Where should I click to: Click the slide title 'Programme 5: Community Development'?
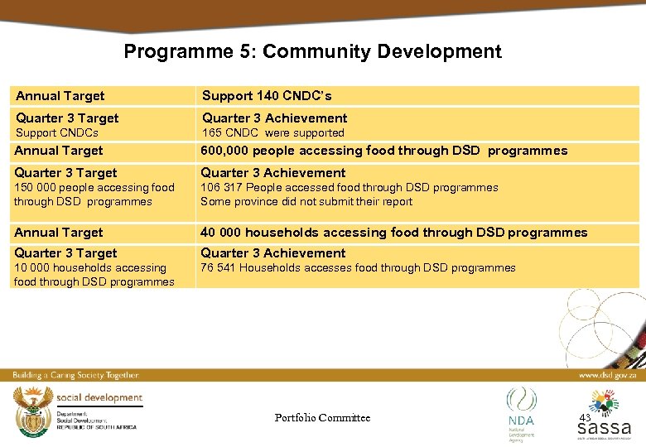tap(312, 51)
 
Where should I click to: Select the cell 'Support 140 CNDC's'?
tap(268, 96)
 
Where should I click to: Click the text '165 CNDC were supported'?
tap(273, 132)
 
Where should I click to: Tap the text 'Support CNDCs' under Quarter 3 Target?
tap(56, 132)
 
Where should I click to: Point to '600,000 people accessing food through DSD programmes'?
tap(384, 151)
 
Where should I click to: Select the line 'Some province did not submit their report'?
tap(306, 201)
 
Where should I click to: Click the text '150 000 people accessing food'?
tap(94, 188)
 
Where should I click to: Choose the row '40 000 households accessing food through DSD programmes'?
tap(394, 233)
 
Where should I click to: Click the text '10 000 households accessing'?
tap(90, 267)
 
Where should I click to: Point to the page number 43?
tap(585, 417)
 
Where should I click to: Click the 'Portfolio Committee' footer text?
tap(322, 418)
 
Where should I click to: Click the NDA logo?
tap(522, 409)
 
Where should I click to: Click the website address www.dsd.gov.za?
tap(607, 375)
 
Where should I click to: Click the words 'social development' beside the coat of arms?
tap(99, 397)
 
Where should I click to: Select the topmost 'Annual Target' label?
tap(60, 96)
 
